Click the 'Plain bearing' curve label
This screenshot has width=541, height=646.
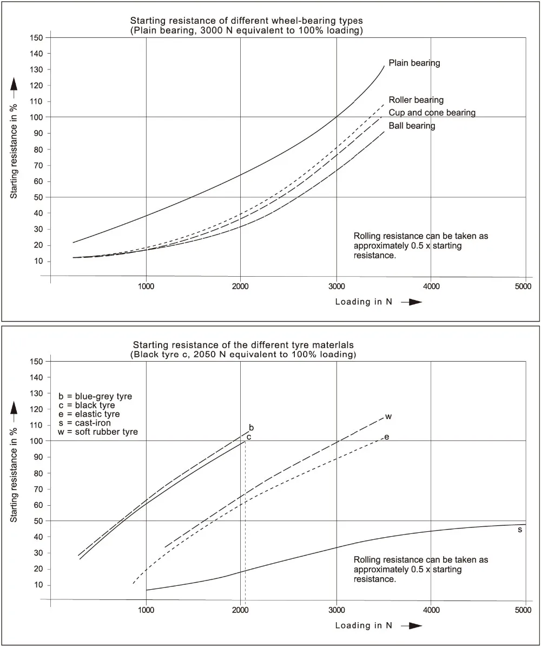[x=414, y=63]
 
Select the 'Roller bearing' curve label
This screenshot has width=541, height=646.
[x=415, y=100]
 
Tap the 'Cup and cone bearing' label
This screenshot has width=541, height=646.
[x=432, y=113]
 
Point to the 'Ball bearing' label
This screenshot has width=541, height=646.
[x=412, y=126]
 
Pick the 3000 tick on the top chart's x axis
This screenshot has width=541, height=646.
[x=336, y=286]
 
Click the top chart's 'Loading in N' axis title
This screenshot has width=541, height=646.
[x=363, y=302]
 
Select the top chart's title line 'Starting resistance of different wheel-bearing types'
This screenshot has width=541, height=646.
[x=246, y=21]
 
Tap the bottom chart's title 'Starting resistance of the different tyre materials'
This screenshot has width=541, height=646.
[x=243, y=344]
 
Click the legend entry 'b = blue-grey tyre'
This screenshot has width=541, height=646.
[x=95, y=396]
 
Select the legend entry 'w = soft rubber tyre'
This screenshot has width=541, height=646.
[x=97, y=432]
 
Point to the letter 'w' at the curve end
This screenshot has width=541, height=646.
[x=388, y=416]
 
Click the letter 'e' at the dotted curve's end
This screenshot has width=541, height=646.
[x=386, y=436]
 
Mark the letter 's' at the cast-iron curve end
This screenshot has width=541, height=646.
[x=520, y=529]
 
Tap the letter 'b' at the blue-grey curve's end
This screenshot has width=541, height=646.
[x=251, y=427]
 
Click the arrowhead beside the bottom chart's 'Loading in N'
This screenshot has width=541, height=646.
[x=415, y=625]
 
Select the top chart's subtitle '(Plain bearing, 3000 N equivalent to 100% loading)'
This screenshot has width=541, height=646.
[x=246, y=30]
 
